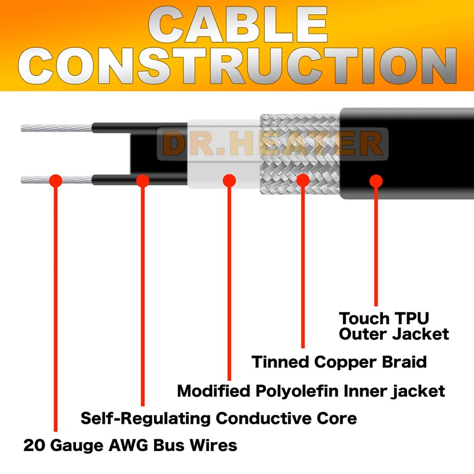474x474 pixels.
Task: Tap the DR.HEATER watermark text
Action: point(273,144)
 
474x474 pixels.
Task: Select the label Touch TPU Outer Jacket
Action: point(393,325)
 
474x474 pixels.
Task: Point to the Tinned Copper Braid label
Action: point(339,361)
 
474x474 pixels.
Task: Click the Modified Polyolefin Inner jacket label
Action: point(311,391)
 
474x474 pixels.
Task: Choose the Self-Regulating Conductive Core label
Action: point(219,418)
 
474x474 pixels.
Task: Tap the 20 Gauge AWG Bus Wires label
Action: point(130,445)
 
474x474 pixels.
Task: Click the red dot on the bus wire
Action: point(55,180)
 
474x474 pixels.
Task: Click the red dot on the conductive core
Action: point(142,180)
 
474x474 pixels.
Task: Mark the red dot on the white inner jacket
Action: point(229,180)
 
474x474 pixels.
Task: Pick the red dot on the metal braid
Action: point(303,180)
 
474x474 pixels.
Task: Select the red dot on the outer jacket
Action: point(376,180)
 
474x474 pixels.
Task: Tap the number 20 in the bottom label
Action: point(33,445)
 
